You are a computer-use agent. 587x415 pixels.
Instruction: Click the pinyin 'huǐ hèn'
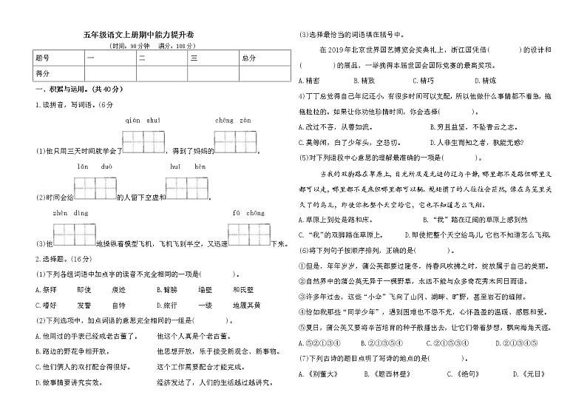[188, 168]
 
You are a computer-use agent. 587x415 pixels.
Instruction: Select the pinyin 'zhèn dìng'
[71, 213]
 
